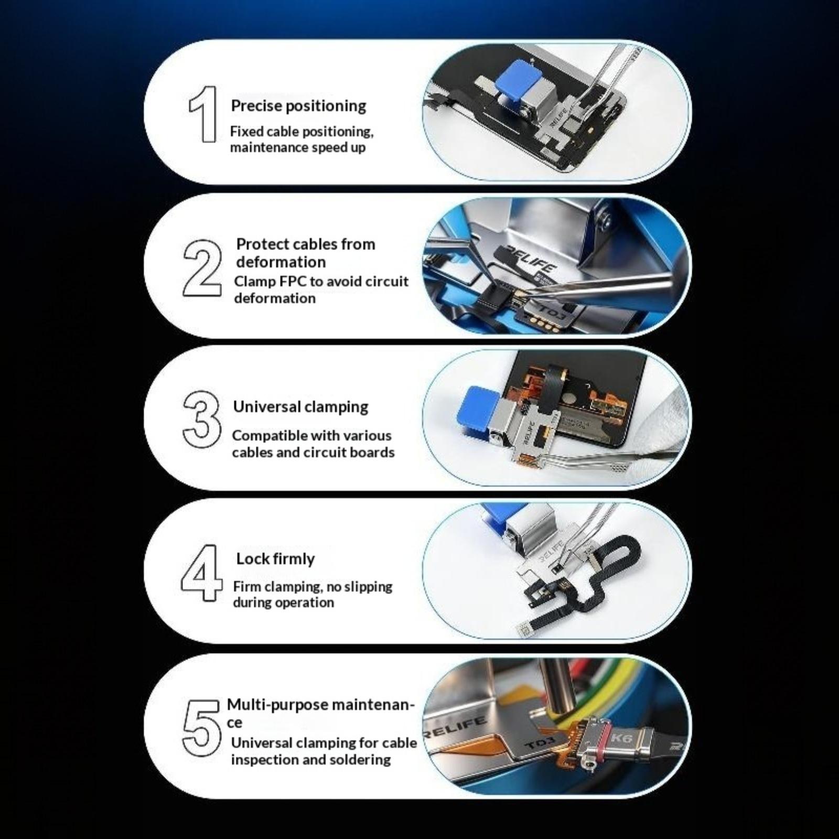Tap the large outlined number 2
(x=202, y=268)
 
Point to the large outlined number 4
(x=201, y=573)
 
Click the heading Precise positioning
(x=298, y=106)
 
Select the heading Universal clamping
(x=300, y=407)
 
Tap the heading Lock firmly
(x=275, y=559)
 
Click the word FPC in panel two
(x=291, y=281)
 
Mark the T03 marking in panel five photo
(x=537, y=744)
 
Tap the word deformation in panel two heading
(x=281, y=262)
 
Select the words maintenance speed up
(x=297, y=148)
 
